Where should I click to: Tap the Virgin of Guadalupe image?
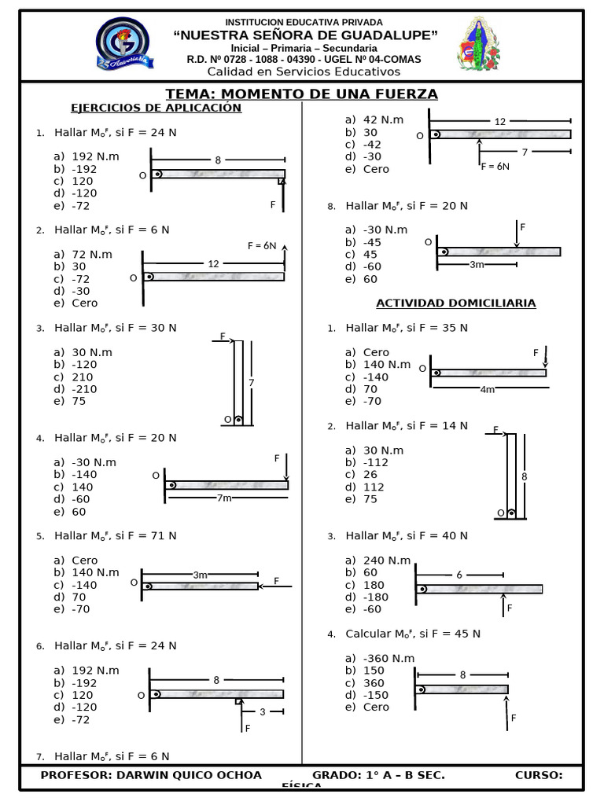click(x=479, y=44)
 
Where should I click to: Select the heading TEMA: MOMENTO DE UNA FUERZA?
click(x=301, y=94)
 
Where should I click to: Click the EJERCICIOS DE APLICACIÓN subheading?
click(x=156, y=108)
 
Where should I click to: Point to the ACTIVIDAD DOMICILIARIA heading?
click(x=455, y=303)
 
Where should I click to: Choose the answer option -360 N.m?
click(x=389, y=658)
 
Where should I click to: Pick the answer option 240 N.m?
click(x=387, y=561)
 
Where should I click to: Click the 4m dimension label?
click(x=488, y=389)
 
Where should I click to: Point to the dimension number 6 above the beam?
click(x=459, y=575)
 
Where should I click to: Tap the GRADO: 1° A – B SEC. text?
click(x=378, y=776)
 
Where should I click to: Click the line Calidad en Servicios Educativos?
click(x=303, y=72)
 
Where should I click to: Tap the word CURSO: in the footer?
click(x=539, y=776)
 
